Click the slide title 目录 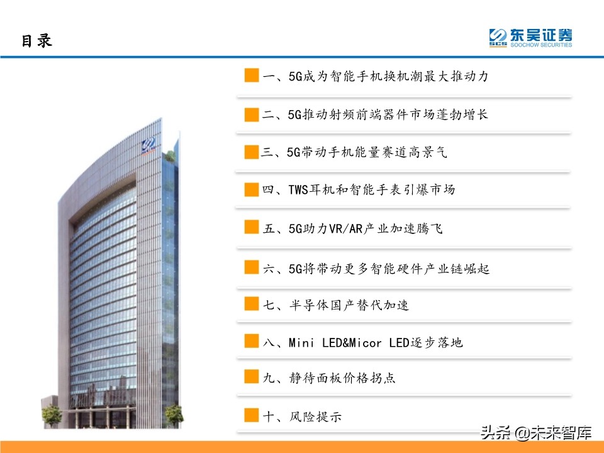(x=36, y=40)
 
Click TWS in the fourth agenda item (x=298, y=190)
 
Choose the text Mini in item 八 (x=301, y=343)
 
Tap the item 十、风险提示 (x=302, y=416)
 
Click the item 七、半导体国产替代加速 (x=336, y=305)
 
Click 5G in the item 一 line (x=295, y=77)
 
